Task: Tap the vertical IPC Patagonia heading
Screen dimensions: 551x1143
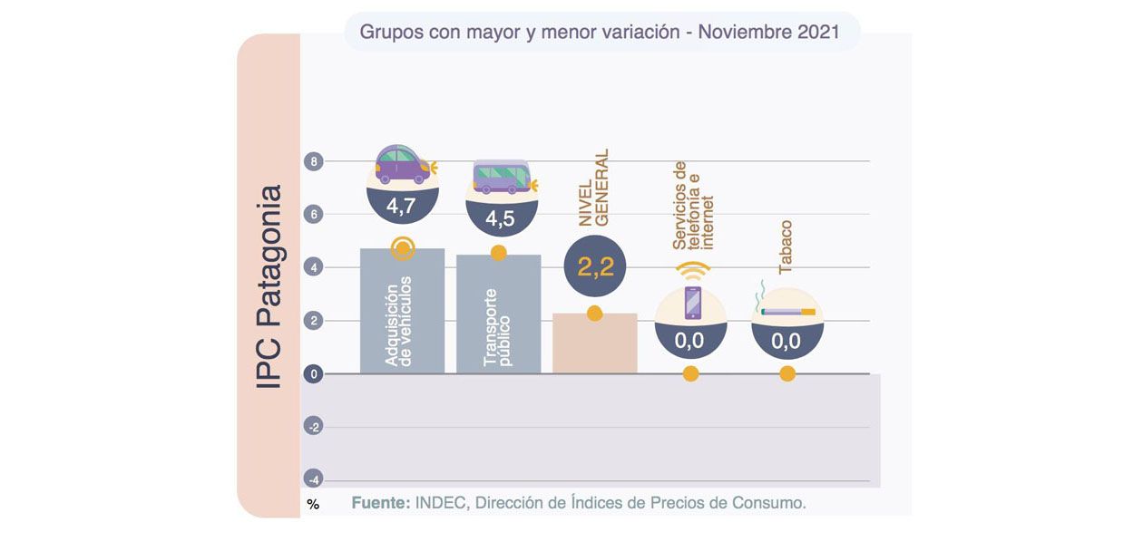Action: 269,287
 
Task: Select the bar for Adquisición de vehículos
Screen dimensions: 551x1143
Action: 402,317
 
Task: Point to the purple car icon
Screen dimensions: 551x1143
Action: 403,167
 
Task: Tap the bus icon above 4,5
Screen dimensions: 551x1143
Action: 501,176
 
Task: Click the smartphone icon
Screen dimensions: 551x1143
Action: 692,303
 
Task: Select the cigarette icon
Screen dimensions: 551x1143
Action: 786,311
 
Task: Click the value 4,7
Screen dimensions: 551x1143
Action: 401,206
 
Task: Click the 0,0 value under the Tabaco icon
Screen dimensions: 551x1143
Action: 786,341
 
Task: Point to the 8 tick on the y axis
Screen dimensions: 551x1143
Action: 313,162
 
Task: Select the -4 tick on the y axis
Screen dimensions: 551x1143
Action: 313,479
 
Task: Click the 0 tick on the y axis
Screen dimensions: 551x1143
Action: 313,373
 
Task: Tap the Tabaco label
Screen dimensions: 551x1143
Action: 786,246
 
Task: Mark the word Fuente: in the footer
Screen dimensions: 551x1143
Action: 381,503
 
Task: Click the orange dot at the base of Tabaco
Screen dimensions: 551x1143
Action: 786,373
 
